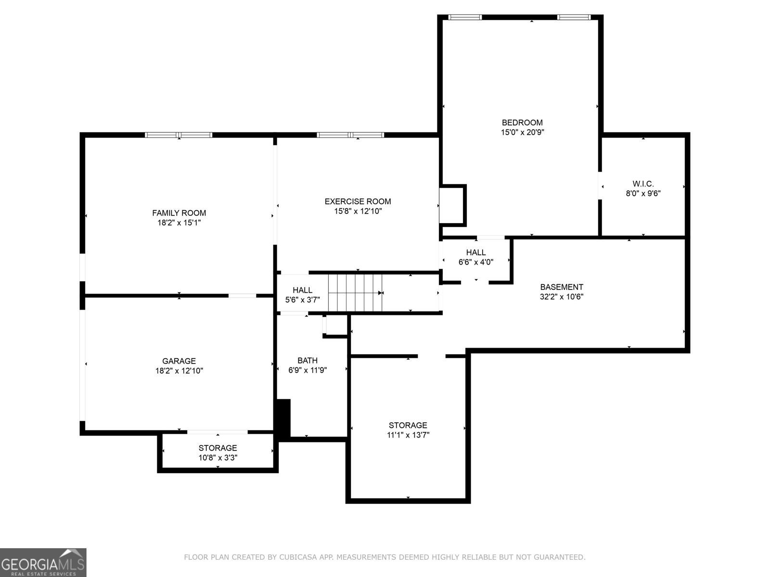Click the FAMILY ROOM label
click(179, 213)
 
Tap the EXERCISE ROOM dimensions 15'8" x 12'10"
click(358, 211)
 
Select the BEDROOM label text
click(522, 123)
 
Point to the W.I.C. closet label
click(643, 184)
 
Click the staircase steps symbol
click(356, 292)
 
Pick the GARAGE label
click(179, 361)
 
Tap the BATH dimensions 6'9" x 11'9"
click(308, 370)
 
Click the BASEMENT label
click(561, 287)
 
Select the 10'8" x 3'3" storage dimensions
click(218, 458)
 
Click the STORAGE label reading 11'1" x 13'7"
click(408, 425)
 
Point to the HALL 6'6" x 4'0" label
click(475, 252)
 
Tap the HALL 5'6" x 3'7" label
click(302, 290)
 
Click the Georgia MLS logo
click(43, 563)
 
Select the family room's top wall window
click(179, 135)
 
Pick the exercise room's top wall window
click(350, 135)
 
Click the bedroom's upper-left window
click(465, 17)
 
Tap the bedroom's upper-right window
click(574, 17)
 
